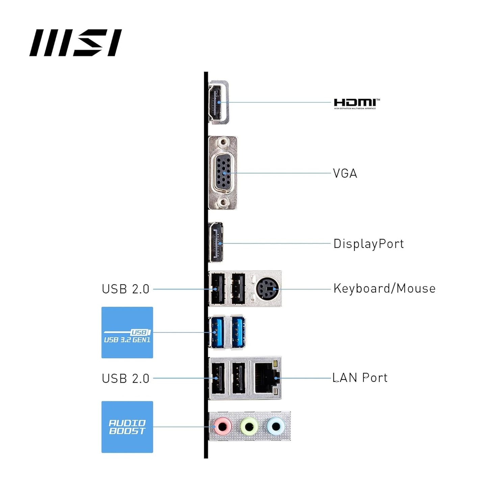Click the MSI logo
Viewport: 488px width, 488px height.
point(75,43)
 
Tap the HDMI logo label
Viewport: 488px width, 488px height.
point(356,103)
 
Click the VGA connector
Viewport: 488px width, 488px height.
point(223,173)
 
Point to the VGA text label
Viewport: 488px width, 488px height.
point(345,174)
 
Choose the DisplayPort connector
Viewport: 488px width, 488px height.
point(216,242)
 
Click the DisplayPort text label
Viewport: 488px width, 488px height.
point(368,244)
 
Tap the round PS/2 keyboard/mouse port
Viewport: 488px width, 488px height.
point(267,289)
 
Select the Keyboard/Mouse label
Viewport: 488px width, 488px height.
point(384,289)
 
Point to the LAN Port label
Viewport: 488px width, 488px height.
point(360,378)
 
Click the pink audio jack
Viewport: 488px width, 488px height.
point(223,427)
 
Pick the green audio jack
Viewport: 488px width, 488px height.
point(249,427)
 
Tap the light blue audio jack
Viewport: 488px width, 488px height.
point(276,427)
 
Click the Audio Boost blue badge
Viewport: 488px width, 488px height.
point(127,427)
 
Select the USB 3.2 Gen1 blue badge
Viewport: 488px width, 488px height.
point(127,333)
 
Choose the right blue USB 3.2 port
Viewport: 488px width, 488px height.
point(238,332)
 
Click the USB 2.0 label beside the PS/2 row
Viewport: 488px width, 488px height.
point(125,289)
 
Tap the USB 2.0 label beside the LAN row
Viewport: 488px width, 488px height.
point(125,379)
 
